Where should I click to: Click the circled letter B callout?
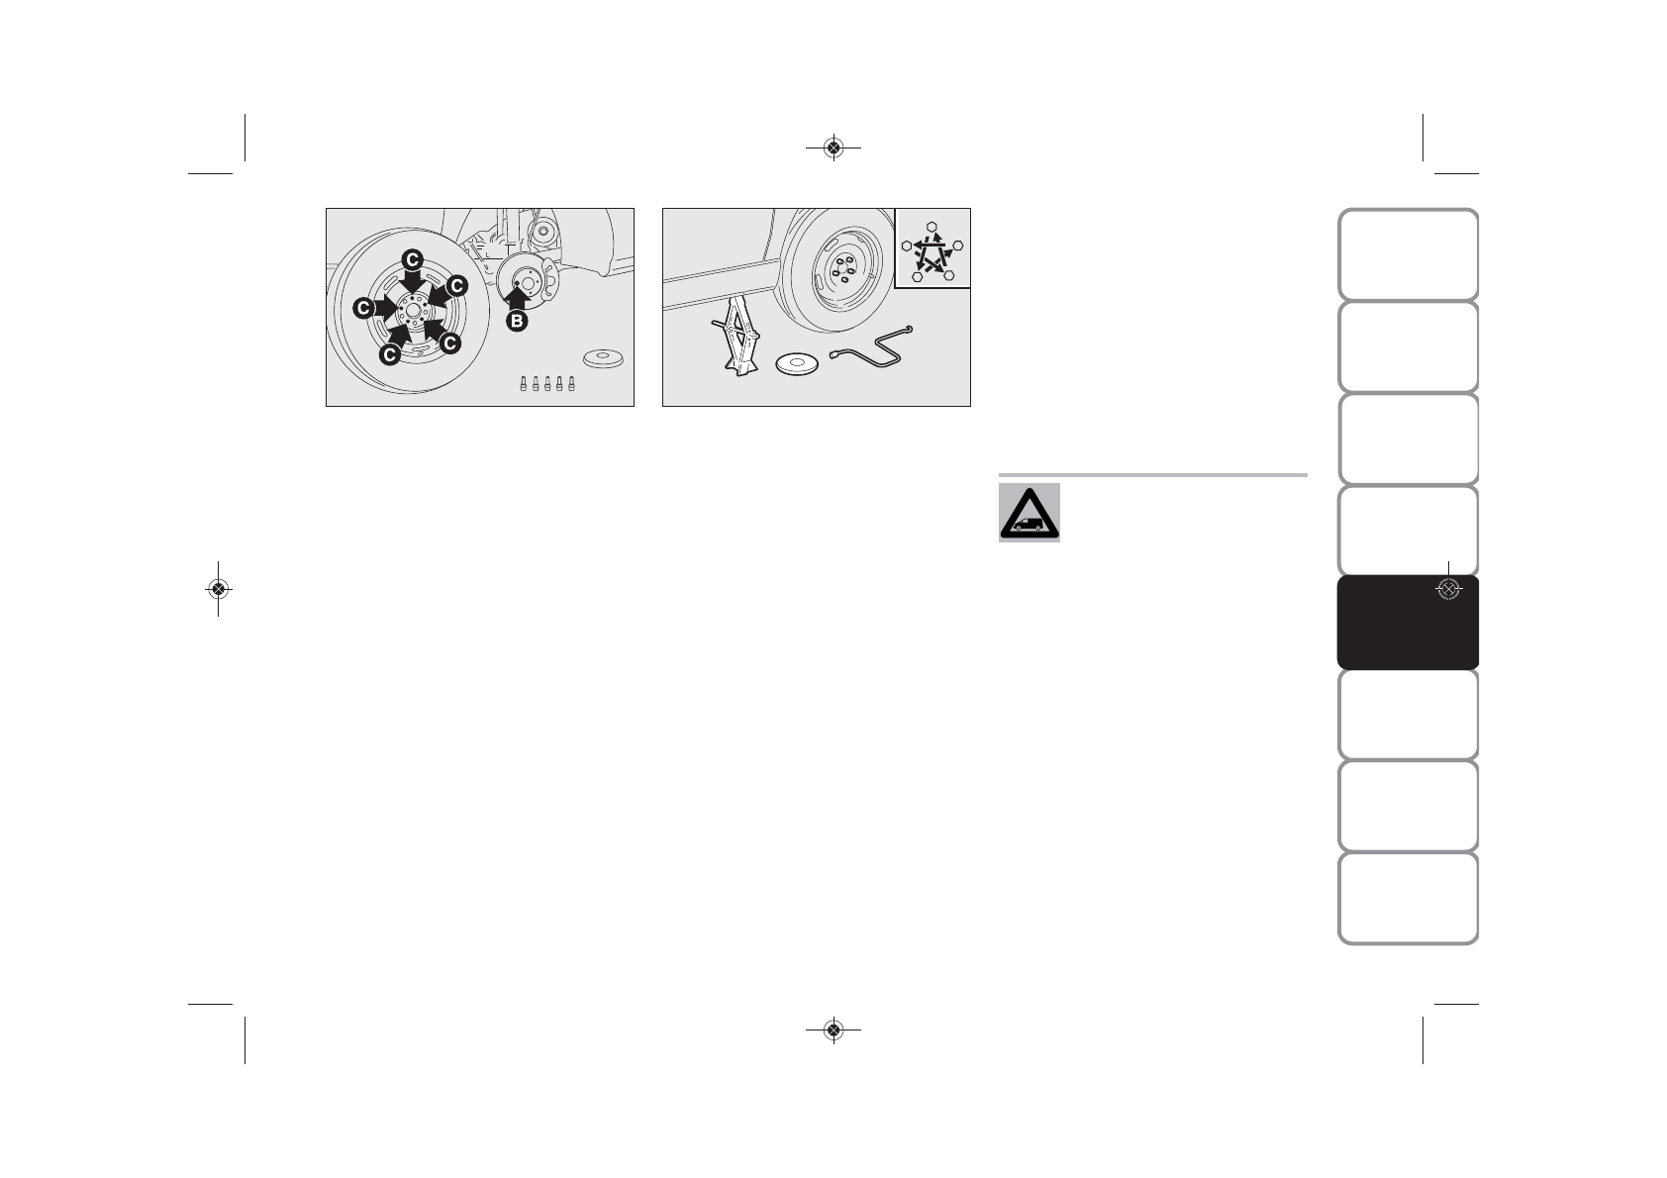pos(516,321)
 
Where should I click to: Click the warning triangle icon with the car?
pos(1030,513)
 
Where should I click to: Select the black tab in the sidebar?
pos(1407,623)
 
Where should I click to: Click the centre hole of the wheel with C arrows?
pos(412,310)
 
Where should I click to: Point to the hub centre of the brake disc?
pos(528,284)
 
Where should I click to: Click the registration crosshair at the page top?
pos(833,148)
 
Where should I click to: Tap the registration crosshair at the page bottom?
pos(833,1030)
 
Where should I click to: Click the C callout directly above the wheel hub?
pos(412,260)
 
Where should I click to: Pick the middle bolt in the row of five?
pos(546,385)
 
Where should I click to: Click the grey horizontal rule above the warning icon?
pos(1153,475)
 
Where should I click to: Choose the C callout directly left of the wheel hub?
pos(365,308)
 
